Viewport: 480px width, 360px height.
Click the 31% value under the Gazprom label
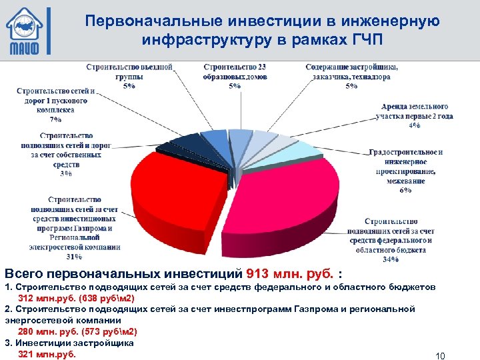pos(74,256)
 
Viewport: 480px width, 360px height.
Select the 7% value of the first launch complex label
pos(55,119)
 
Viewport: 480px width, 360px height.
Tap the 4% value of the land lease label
pos(415,125)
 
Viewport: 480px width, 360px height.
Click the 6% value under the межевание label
pos(405,189)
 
